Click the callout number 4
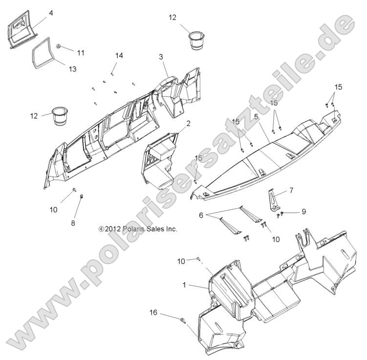tap(51, 13)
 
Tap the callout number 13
tap(72, 69)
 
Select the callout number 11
tap(81, 53)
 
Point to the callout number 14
tap(119, 56)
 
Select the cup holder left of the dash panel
tap(59, 116)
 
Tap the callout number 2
tap(188, 124)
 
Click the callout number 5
tap(256, 116)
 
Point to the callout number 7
tap(291, 190)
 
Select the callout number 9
tap(303, 212)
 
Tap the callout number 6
tap(201, 215)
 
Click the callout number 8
tap(73, 223)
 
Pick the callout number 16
tap(153, 313)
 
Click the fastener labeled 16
tap(183, 320)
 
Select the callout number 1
tap(184, 285)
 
